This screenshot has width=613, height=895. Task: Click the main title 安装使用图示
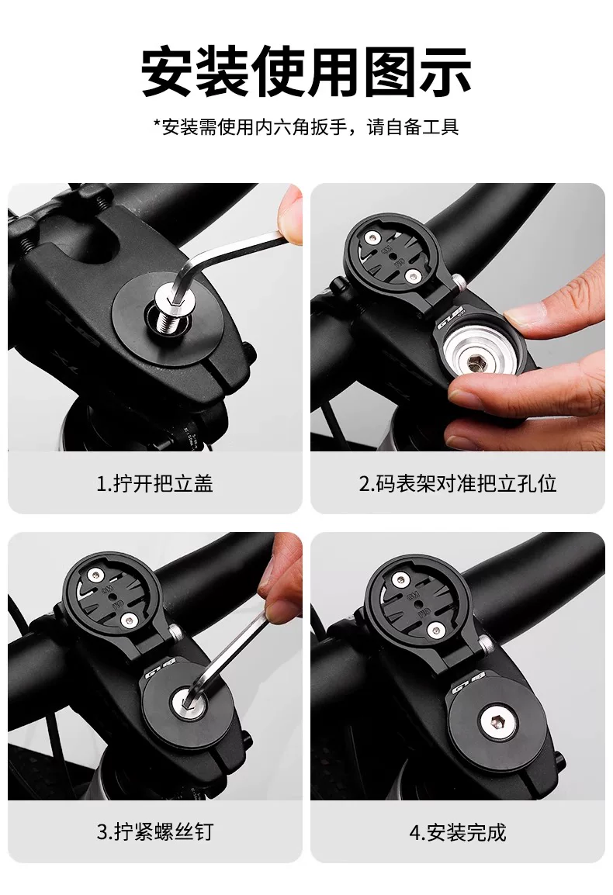click(306, 72)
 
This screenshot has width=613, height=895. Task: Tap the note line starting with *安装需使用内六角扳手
click(306, 126)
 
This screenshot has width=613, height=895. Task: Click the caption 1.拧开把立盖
click(155, 483)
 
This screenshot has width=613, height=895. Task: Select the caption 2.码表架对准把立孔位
click(458, 483)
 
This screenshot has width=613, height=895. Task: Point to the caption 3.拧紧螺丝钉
click(155, 831)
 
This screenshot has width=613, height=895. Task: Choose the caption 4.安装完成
click(458, 832)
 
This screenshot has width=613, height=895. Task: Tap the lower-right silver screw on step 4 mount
click(436, 630)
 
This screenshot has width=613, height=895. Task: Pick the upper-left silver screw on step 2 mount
click(373, 237)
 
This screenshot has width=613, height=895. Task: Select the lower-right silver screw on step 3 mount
click(133, 620)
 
